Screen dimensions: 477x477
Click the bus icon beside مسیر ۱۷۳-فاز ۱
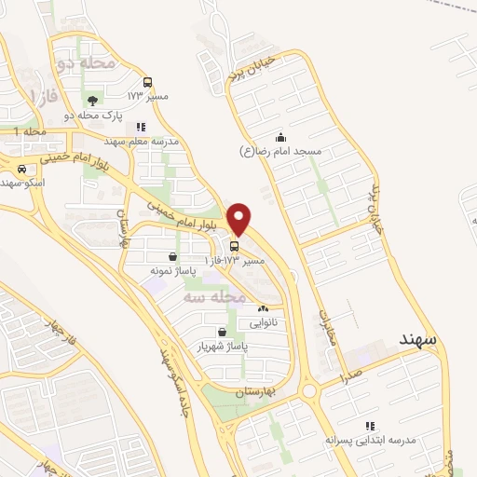pyautogui.click(x=233, y=248)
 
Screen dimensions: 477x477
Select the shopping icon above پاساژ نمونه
pyautogui.click(x=173, y=256)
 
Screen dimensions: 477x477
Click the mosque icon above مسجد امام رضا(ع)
pyautogui.click(x=280, y=138)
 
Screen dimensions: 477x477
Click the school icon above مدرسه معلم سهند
pyautogui.click(x=141, y=127)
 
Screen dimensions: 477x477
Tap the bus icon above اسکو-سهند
pyautogui.click(x=21, y=169)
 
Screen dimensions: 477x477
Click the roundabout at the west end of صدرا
pyautogui.click(x=308, y=389)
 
